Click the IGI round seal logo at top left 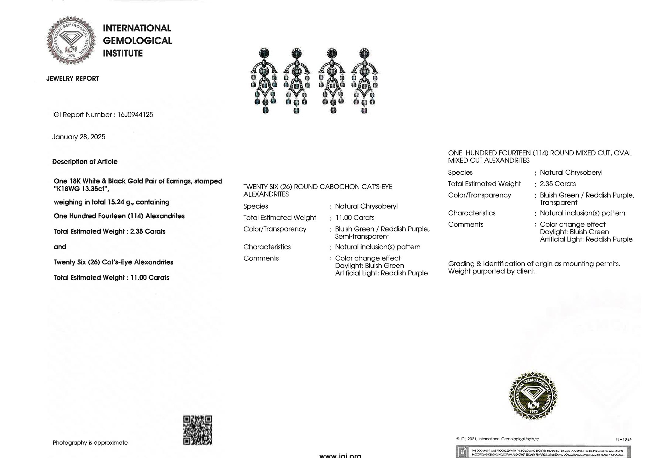point(71,40)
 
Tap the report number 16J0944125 point(135,115)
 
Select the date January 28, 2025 point(79,137)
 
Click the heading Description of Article point(85,162)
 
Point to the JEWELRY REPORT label point(73,78)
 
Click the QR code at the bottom point(198,430)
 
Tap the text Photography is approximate point(90,443)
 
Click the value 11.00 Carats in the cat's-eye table point(355,218)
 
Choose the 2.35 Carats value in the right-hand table point(558,184)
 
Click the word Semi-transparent point(362,237)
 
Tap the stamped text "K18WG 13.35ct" point(81,189)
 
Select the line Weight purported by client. point(492,271)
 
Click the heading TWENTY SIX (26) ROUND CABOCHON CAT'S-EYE point(318,187)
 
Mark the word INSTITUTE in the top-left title point(123,53)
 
